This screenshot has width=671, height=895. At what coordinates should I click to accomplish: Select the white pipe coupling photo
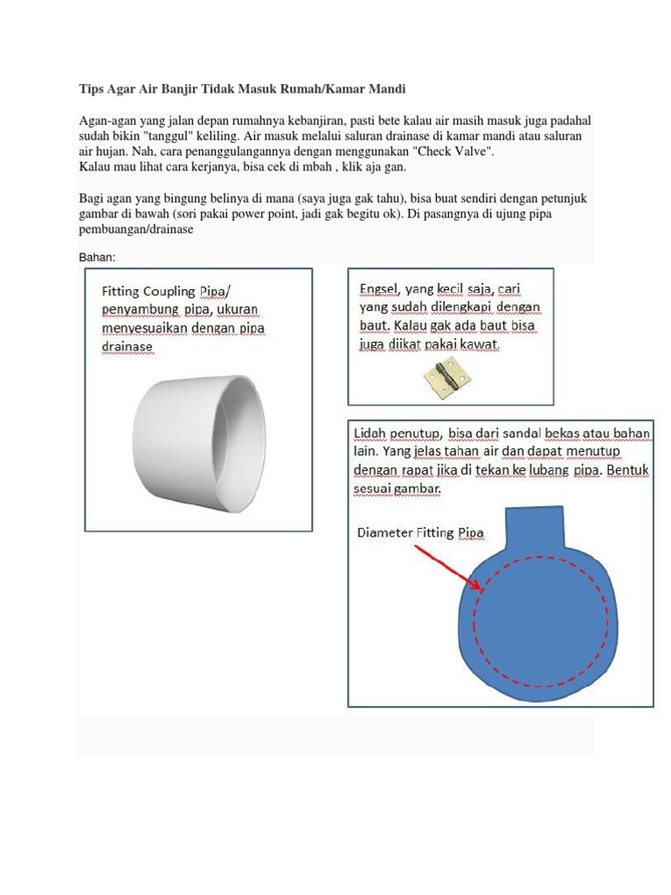pos(200,435)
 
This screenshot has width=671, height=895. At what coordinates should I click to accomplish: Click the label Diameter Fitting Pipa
pos(419,532)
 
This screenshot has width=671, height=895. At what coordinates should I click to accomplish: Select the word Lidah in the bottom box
pos(373,434)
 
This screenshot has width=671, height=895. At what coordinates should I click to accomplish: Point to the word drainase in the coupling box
pos(128,347)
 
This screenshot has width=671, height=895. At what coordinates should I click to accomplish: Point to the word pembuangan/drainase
pos(135,229)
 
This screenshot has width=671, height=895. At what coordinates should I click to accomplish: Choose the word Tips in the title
pos(93,89)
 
